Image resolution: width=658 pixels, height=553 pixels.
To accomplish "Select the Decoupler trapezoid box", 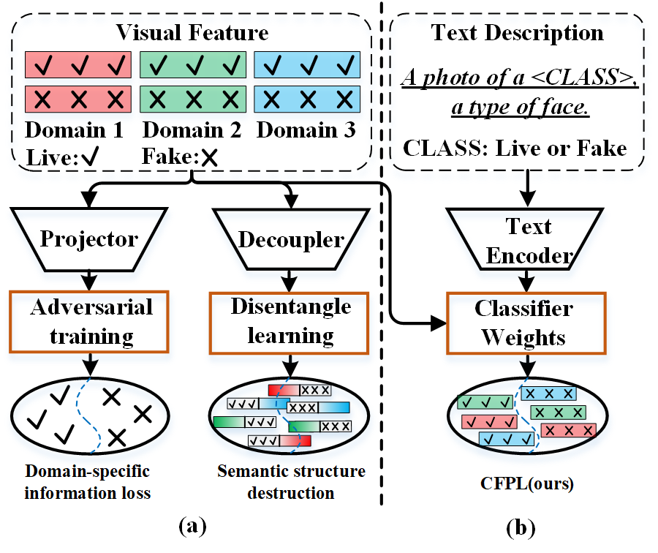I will [x=290, y=238].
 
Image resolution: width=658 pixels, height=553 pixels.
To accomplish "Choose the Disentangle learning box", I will [x=290, y=321].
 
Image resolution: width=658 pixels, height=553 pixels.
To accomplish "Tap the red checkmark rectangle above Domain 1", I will [x=78, y=66].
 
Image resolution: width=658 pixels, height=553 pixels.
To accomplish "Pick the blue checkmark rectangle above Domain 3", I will [x=307, y=66].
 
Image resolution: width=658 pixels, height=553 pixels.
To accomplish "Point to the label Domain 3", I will [x=306, y=131].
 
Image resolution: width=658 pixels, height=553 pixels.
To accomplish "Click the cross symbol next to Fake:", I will [x=210, y=155].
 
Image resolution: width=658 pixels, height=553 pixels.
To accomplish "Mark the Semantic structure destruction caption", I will [x=291, y=481].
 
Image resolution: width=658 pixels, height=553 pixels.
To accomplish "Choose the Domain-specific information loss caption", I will [x=88, y=481].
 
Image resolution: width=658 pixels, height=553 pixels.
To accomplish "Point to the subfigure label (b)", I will [x=520, y=526].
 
